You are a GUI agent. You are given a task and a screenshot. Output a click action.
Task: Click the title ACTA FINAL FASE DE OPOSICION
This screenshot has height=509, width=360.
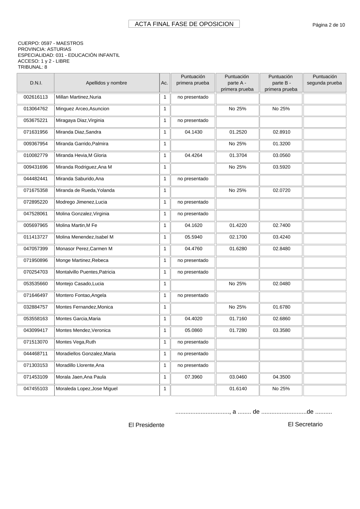pyautogui.click(x=184, y=24)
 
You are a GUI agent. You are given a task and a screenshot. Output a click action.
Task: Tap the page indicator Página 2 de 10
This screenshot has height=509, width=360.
pyautogui.click(x=328, y=25)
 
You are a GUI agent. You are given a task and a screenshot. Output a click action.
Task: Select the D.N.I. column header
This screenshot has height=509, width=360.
pyautogui.click(x=36, y=83)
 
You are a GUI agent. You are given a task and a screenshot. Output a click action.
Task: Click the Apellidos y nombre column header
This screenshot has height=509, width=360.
pyautogui.click(x=106, y=83)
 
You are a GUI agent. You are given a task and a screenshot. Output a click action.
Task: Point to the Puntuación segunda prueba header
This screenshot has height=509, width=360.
pyautogui.click(x=324, y=80)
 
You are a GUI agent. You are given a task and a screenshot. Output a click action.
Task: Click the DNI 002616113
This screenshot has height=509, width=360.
pyautogui.click(x=36, y=97)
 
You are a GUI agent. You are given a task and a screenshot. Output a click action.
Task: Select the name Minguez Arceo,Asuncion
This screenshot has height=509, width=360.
pyautogui.click(x=82, y=109)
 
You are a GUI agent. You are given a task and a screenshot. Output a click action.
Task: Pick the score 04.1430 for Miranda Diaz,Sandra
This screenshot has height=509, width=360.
pyautogui.click(x=193, y=132)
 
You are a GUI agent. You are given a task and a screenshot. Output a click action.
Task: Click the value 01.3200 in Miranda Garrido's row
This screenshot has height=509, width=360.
pyautogui.click(x=281, y=144)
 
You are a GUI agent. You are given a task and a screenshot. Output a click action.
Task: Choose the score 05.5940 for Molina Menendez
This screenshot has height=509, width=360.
pyautogui.click(x=193, y=237)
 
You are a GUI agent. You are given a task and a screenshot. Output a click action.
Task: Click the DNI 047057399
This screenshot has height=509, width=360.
pyautogui.click(x=36, y=249)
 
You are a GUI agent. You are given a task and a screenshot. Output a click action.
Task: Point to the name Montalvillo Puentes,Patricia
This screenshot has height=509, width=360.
pyautogui.click(x=85, y=272)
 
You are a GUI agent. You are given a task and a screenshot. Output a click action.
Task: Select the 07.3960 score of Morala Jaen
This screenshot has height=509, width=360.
pyautogui.click(x=193, y=377)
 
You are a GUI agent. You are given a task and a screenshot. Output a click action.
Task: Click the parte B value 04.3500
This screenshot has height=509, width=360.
pyautogui.click(x=281, y=377)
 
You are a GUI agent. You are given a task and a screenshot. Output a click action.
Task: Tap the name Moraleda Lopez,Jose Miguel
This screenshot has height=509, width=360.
pyautogui.click(x=86, y=388)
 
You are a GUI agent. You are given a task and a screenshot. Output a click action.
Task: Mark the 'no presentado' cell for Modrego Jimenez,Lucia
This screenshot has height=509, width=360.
pyautogui.click(x=193, y=202)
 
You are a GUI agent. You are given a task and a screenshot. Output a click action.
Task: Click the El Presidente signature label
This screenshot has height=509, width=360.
pyautogui.click(x=146, y=425)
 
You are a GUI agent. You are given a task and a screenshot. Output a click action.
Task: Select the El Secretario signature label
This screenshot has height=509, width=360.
pyautogui.click(x=305, y=424)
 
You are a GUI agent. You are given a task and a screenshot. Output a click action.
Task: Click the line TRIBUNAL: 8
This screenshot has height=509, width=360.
pyautogui.click(x=32, y=67)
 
